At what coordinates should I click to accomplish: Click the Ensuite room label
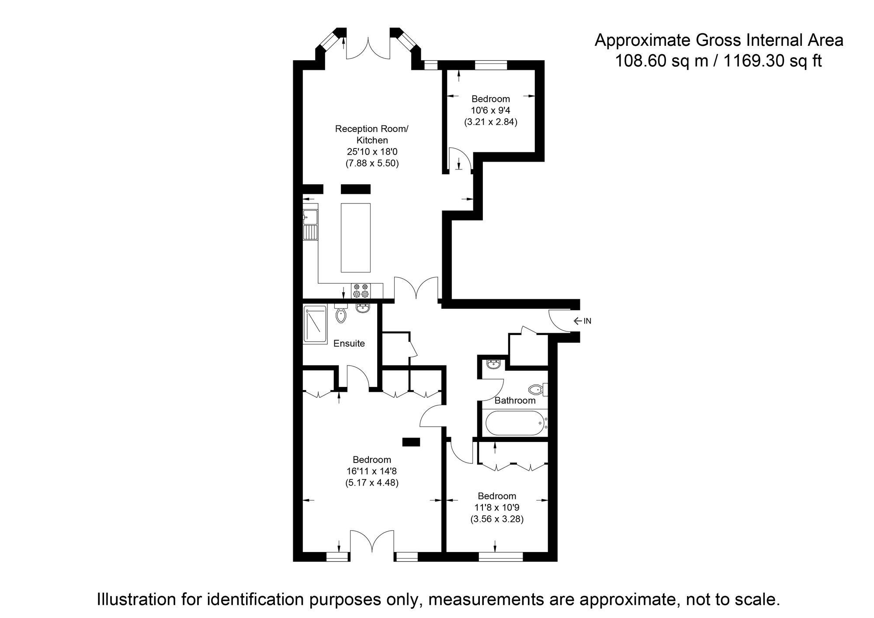349,343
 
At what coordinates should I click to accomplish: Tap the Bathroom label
515,400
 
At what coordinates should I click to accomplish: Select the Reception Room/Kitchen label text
372,135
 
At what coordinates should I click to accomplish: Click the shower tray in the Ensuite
315,325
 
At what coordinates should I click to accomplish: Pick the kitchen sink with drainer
311,224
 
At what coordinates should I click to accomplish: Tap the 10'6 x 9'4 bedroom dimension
490,110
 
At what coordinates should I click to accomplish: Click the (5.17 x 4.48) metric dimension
372,483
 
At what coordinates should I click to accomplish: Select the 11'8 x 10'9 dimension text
497,508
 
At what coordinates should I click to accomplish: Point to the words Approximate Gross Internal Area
719,40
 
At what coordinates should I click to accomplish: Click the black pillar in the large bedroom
411,442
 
